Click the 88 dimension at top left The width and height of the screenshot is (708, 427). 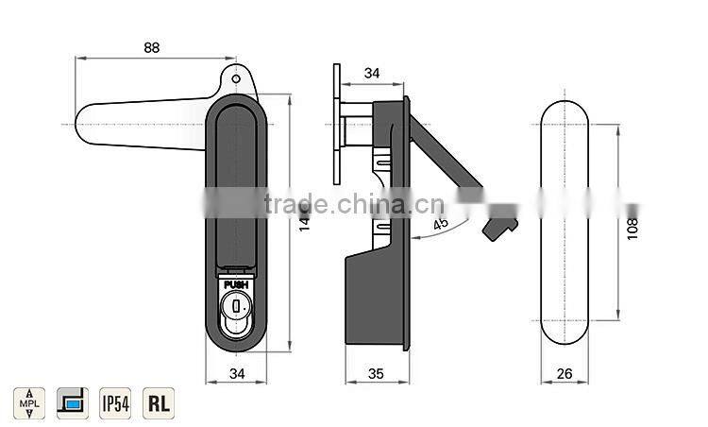tap(152, 46)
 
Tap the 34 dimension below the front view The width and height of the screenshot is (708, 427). tap(236, 374)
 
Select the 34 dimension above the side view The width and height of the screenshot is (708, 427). tap(371, 73)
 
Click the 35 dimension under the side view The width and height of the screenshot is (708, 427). tap(376, 374)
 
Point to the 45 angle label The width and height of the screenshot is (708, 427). tap(441, 224)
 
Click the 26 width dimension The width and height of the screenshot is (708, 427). tap(565, 374)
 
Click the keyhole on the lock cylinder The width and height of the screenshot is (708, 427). tap(237, 305)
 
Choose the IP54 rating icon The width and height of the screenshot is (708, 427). tap(115, 402)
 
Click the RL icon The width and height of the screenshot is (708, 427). tap(158, 402)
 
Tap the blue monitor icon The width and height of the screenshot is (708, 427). tap(72, 402)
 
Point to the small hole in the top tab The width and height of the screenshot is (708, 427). tap(237, 79)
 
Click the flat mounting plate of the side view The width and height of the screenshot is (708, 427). tap(337, 127)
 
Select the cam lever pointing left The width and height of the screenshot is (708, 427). tap(142, 124)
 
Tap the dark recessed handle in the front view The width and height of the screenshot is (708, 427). tap(236, 179)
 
